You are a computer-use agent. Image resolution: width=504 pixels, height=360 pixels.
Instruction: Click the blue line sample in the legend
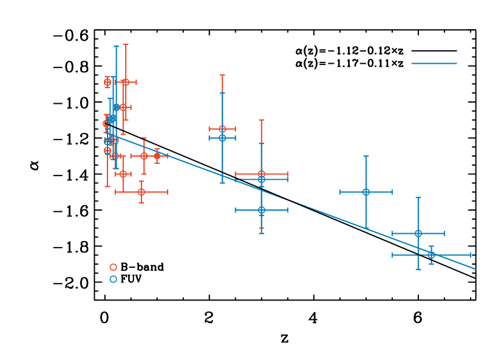coord(434,63)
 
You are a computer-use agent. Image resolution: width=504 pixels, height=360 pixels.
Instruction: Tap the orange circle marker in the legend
coord(113,267)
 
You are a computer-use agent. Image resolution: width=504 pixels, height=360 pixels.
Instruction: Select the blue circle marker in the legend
coord(113,279)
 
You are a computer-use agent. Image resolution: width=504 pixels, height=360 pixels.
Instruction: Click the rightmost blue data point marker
coord(431,255)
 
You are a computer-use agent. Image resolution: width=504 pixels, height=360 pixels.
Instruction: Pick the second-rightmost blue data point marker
coord(418,233)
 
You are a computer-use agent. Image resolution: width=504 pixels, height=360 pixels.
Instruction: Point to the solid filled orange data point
coord(157,156)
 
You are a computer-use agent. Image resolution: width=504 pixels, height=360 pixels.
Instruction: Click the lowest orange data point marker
coord(141,192)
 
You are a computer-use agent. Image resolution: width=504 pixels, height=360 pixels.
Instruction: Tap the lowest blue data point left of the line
coord(261,210)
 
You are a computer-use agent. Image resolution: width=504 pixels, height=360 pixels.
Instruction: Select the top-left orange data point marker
coord(107,82)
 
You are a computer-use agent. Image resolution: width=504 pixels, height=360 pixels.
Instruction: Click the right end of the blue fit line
coord(475,268)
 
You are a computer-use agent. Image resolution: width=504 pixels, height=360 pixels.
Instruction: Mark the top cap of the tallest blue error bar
coord(116,46)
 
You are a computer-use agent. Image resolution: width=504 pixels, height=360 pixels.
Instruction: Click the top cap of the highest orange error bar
coord(126,44)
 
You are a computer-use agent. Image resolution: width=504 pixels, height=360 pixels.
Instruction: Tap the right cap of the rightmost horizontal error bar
coord(470,255)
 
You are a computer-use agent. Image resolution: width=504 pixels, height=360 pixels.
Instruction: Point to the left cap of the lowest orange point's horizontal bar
coord(115,192)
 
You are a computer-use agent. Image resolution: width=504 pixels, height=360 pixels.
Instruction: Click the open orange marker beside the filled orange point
coord(144,156)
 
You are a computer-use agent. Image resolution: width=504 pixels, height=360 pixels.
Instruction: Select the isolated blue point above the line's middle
coord(366,192)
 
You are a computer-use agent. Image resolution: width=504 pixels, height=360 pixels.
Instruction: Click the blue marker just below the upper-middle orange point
coord(222,138)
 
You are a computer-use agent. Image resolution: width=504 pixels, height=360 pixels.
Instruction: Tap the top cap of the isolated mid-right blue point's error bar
coord(366,156)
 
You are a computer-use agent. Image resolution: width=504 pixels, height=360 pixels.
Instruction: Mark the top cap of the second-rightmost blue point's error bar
coord(418,197)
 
